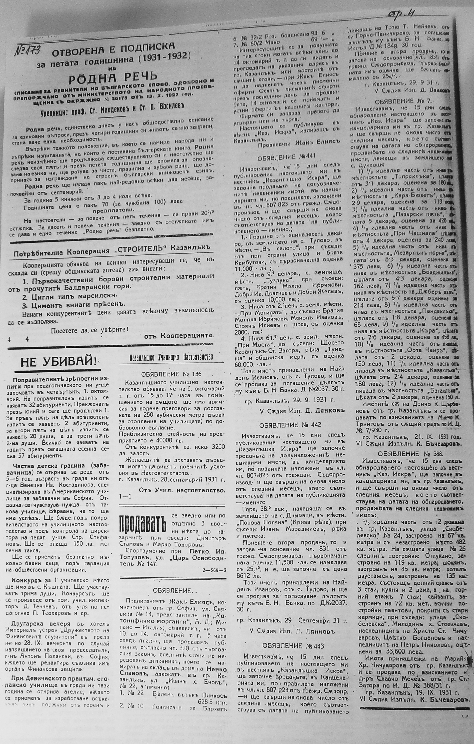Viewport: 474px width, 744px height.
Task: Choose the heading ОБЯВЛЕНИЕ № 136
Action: (171, 374)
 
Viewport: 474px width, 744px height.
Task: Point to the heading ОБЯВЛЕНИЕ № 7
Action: (405, 101)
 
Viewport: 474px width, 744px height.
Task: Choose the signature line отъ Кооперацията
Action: (179, 335)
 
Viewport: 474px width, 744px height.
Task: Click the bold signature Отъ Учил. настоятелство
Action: (182, 490)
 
